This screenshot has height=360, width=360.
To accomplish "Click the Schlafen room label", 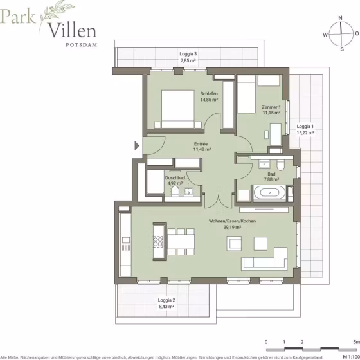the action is [209, 94].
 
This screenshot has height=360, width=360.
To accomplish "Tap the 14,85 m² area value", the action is [209, 100].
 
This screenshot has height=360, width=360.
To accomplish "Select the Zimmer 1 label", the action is [271, 107].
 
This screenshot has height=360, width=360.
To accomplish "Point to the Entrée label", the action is [201, 144].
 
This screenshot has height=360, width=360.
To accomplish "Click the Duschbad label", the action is [175, 178].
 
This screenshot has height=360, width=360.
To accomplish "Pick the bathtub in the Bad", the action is [269, 193].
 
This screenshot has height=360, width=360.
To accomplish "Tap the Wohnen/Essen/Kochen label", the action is [232, 221].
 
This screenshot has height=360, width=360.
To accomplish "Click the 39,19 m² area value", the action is [232, 228].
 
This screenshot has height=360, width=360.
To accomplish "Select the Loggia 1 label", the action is [305, 127].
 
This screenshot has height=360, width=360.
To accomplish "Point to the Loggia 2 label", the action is [166, 300].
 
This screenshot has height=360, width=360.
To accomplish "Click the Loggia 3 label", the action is [188, 54].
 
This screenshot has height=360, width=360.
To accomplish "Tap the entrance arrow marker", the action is [137, 145].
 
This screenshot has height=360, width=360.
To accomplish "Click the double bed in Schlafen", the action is [177, 109].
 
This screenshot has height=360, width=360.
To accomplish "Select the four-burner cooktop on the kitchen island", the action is [158, 242].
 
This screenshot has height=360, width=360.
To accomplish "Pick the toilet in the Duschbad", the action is [175, 191].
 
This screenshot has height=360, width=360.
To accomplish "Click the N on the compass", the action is [341, 18].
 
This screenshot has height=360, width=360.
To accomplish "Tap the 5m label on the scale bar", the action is [357, 342].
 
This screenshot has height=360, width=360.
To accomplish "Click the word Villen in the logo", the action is [72, 31].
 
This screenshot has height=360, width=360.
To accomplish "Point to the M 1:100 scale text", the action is [351, 357].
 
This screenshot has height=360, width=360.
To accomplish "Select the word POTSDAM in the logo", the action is [82, 45].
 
